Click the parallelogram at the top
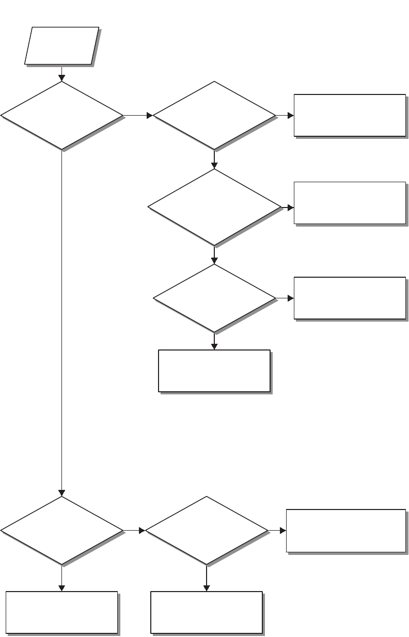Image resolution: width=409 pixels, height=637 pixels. [x=62, y=46]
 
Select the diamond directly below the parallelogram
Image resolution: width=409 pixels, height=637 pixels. [x=62, y=116]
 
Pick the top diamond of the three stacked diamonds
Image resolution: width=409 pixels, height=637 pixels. [x=214, y=116]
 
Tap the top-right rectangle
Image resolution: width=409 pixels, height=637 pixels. [x=350, y=115]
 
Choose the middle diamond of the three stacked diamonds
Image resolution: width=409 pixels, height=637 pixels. [x=214, y=207]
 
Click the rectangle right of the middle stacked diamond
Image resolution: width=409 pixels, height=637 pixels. [x=350, y=203]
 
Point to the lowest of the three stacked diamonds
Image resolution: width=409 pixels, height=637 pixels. [x=214, y=298]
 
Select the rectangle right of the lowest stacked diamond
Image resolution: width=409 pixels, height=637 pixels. [x=350, y=298]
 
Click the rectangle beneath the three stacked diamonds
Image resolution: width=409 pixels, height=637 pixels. [x=214, y=371]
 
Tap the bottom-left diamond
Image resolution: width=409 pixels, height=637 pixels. [x=62, y=530]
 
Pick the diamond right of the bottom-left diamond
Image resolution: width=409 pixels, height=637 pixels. [x=207, y=530]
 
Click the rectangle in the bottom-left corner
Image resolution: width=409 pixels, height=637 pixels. [x=61, y=612]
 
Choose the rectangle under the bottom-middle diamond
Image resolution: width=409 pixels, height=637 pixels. [x=207, y=612]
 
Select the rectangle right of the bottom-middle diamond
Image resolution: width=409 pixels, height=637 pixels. [x=346, y=531]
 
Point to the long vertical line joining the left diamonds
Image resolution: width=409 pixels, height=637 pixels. [x=62, y=320]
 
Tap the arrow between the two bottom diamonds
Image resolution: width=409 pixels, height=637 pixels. [x=135, y=530]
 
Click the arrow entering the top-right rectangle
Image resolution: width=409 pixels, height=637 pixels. [x=285, y=116]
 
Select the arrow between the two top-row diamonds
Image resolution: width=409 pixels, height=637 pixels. [x=138, y=116]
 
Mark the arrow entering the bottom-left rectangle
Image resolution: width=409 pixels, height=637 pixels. [x=62, y=578]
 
